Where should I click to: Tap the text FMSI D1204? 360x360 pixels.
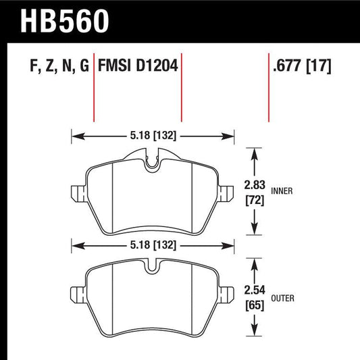tap(138, 67)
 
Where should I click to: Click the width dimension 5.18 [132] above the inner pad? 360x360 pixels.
tap(153, 136)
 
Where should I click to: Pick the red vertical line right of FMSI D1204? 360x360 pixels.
tap(182, 88)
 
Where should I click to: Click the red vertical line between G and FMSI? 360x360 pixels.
tap(94, 88)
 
